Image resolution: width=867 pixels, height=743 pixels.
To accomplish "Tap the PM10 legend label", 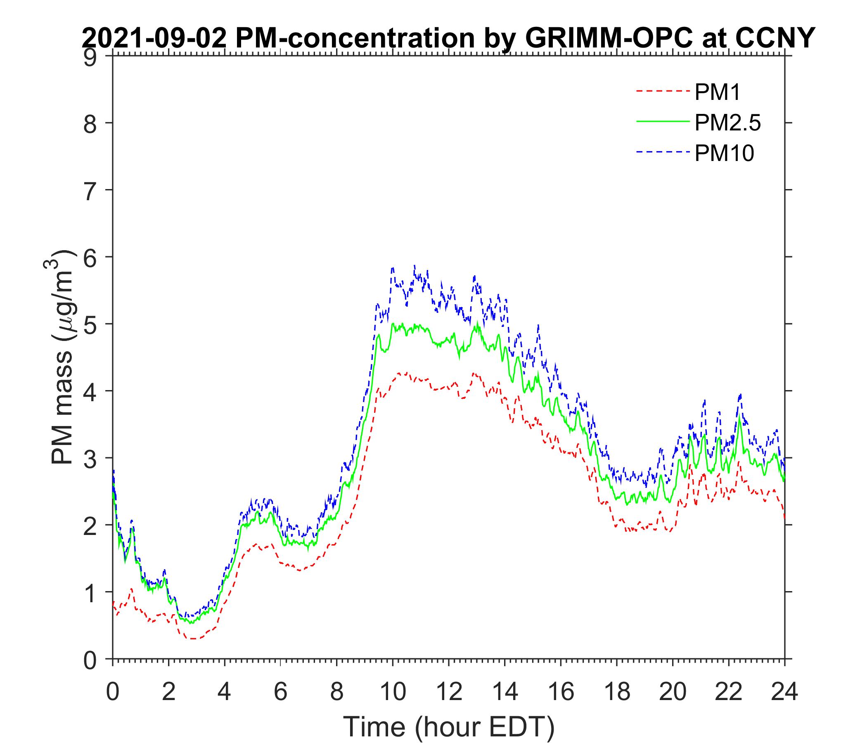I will (724, 154).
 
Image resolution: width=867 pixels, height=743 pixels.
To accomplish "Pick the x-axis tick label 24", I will (784, 692).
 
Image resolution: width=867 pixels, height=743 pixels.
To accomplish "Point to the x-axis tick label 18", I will (617, 692).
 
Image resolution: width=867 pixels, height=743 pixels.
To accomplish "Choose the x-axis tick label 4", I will (225, 692).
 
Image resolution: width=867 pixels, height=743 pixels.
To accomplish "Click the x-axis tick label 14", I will (505, 692).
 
